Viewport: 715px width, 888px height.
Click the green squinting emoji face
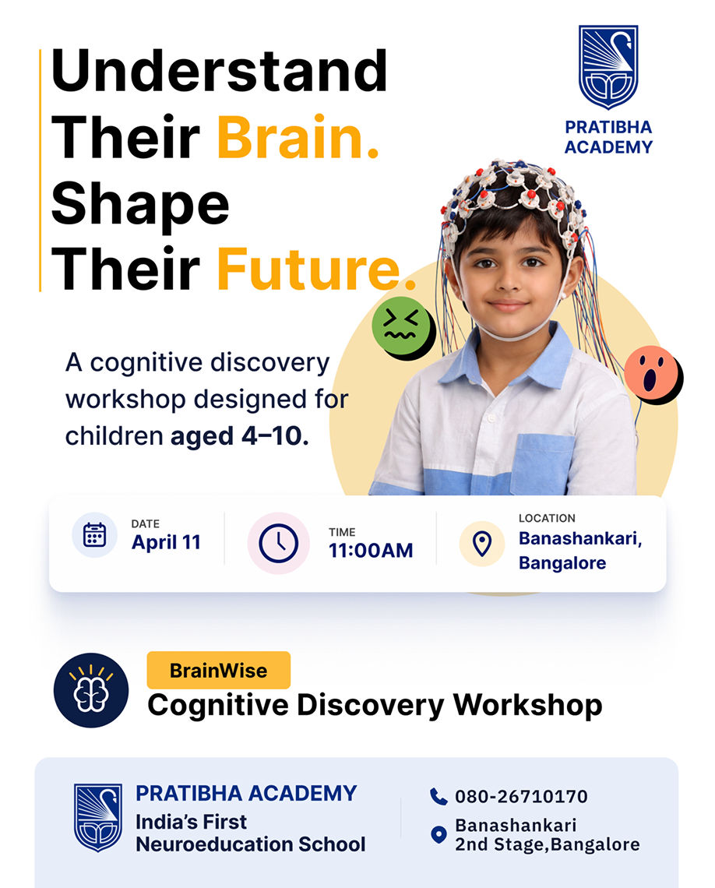click(401, 326)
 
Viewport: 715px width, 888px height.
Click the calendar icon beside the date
click(94, 535)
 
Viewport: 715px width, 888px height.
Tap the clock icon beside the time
click(279, 543)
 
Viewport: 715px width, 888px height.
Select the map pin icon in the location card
click(482, 544)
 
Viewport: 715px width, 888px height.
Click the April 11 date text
click(166, 543)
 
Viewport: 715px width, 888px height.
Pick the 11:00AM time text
click(371, 551)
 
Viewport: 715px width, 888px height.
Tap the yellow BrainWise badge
click(219, 670)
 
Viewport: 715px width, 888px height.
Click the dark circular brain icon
click(91, 690)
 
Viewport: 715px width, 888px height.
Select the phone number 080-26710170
click(521, 796)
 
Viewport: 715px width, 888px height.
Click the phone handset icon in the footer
click(439, 796)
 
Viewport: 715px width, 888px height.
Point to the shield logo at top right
click(608, 67)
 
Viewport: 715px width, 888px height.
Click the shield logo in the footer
click(98, 817)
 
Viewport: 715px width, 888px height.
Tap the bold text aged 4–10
click(240, 436)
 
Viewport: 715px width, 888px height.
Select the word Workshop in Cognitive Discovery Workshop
click(527, 706)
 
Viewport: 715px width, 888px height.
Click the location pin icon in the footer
click(439, 834)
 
